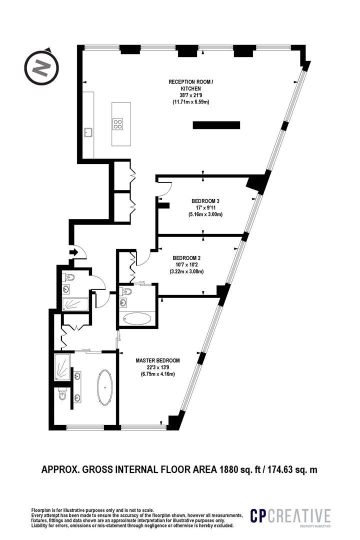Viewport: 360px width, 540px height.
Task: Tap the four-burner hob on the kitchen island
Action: coord(119,124)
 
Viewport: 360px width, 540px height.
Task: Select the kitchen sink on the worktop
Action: coord(88,132)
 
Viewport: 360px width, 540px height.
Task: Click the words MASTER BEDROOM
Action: coord(157,360)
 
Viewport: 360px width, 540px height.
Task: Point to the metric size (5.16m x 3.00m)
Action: coord(205,214)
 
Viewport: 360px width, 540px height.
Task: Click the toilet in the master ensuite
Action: coord(61,396)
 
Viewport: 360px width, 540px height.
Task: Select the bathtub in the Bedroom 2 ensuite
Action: coord(137,318)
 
